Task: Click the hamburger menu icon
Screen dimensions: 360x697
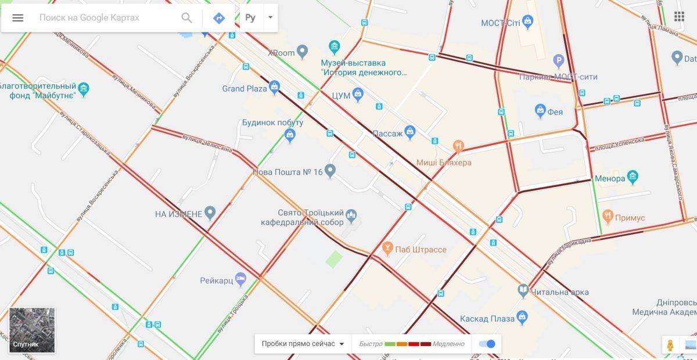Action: point(18,17)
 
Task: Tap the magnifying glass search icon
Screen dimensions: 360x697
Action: point(186,17)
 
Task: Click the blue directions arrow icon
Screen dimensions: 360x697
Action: point(219,17)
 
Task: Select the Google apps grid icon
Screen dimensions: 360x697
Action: point(679,16)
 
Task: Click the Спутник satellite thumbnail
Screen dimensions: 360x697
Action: point(33,330)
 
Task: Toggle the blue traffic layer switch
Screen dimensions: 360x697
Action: point(487,344)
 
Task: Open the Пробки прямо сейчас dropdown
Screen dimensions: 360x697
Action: point(303,344)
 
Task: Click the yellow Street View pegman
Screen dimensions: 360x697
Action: point(670,345)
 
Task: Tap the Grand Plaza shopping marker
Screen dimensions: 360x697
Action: point(275,88)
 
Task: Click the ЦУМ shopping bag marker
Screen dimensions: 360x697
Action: point(358,94)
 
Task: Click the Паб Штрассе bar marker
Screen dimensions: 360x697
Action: point(388,249)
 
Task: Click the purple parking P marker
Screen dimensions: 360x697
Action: point(558,60)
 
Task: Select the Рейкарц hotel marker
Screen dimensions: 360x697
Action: point(240,279)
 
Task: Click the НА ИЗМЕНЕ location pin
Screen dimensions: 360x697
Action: point(210,213)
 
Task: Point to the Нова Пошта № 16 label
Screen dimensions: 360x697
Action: point(288,172)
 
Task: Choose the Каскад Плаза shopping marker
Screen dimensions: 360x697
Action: point(522,317)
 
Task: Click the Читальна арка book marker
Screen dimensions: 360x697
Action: point(523,290)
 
